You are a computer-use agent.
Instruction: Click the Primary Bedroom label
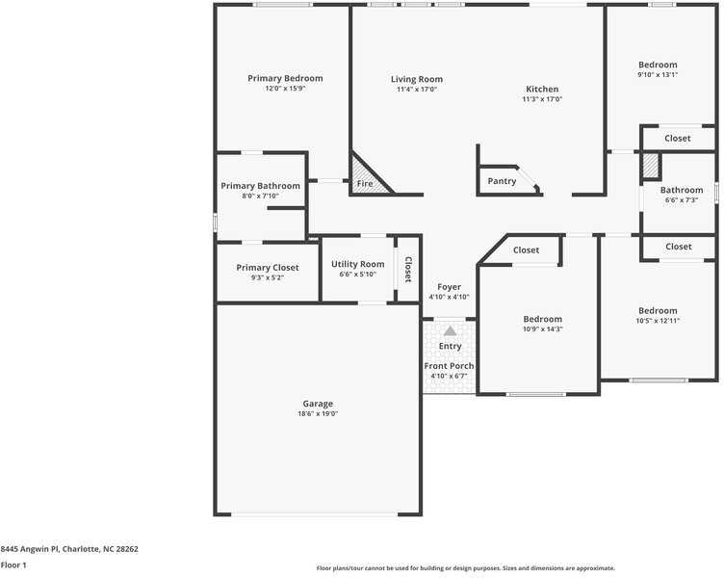(285, 78)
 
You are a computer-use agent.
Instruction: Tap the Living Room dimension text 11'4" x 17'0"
(417, 90)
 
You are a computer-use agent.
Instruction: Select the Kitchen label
(542, 89)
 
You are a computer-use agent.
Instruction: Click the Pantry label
(502, 181)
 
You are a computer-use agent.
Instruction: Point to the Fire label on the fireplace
(365, 183)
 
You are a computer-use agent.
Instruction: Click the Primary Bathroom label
(260, 186)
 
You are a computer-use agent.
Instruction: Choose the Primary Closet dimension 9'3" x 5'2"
(267, 277)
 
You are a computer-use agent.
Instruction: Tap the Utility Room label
(357, 264)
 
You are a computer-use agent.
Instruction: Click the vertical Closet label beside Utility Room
(408, 269)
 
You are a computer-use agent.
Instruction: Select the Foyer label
(449, 287)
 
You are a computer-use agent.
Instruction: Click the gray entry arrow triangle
(450, 330)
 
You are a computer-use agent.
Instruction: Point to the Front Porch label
(449, 366)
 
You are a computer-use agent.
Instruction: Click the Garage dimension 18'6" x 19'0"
(318, 413)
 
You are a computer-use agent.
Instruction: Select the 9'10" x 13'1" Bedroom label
(658, 65)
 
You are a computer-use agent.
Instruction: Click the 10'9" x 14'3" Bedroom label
(542, 319)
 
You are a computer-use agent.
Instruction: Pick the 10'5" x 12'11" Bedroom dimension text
(658, 321)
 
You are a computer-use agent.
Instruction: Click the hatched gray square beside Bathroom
(651, 166)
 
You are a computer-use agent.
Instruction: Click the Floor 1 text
(13, 565)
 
